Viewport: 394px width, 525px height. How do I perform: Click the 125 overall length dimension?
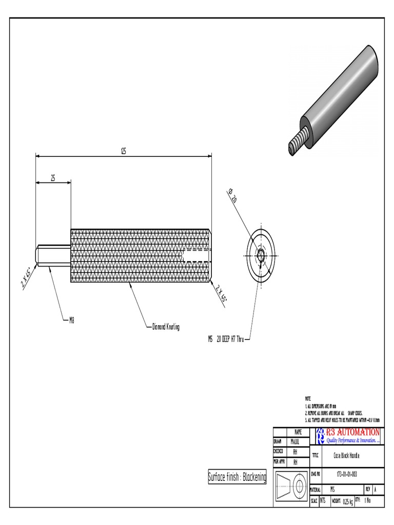(x=123, y=151)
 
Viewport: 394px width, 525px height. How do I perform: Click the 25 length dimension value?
(x=53, y=178)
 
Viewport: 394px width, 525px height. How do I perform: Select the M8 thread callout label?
(x=72, y=321)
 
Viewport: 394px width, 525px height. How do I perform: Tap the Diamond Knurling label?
(x=166, y=327)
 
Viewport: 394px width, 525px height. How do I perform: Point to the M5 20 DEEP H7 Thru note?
(x=222, y=339)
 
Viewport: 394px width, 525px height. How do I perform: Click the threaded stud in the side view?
(x=53, y=255)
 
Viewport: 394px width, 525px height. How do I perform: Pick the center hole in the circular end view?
(x=261, y=255)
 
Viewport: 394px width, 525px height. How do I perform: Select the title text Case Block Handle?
(x=347, y=456)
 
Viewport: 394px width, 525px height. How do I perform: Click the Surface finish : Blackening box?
(x=237, y=477)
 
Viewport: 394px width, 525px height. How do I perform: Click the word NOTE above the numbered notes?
(x=308, y=398)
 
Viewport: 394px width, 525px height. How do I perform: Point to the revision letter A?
(x=375, y=489)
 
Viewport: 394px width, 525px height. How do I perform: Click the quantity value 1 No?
(x=368, y=500)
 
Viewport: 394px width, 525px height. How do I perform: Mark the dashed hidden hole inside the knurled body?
(x=196, y=255)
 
